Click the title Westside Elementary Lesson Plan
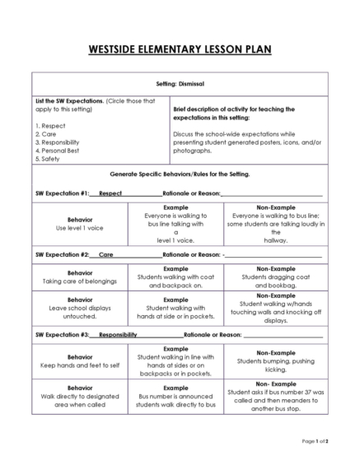coord(180,49)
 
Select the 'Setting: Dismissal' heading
coord(180,84)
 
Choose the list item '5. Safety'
coord(50,159)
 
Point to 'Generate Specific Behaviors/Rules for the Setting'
coord(180,175)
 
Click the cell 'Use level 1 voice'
coord(80,227)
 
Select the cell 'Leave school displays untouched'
coord(80,309)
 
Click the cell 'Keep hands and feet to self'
coord(80,362)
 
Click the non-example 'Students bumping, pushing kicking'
coord(276,362)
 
